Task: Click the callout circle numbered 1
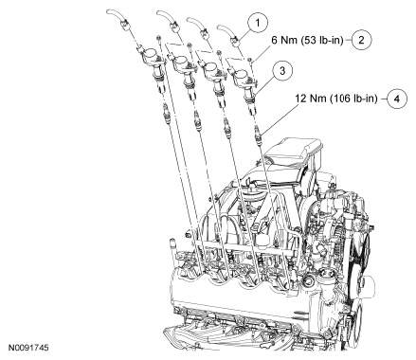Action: pos(258,23)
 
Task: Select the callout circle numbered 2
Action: pos(361,40)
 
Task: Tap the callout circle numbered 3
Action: pos(282,71)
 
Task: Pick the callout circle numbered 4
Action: pos(397,99)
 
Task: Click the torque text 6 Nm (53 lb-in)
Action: pos(307,40)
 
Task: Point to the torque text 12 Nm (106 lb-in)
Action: pos(336,99)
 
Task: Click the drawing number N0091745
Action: pos(28,348)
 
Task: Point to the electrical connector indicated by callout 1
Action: pos(236,40)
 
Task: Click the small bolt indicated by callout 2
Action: pos(250,60)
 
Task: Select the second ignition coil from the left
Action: pos(184,73)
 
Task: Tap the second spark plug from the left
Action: pos(197,121)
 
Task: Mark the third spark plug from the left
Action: pos(226,129)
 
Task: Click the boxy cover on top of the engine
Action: pos(294,153)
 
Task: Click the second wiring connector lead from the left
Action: pos(169,20)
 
